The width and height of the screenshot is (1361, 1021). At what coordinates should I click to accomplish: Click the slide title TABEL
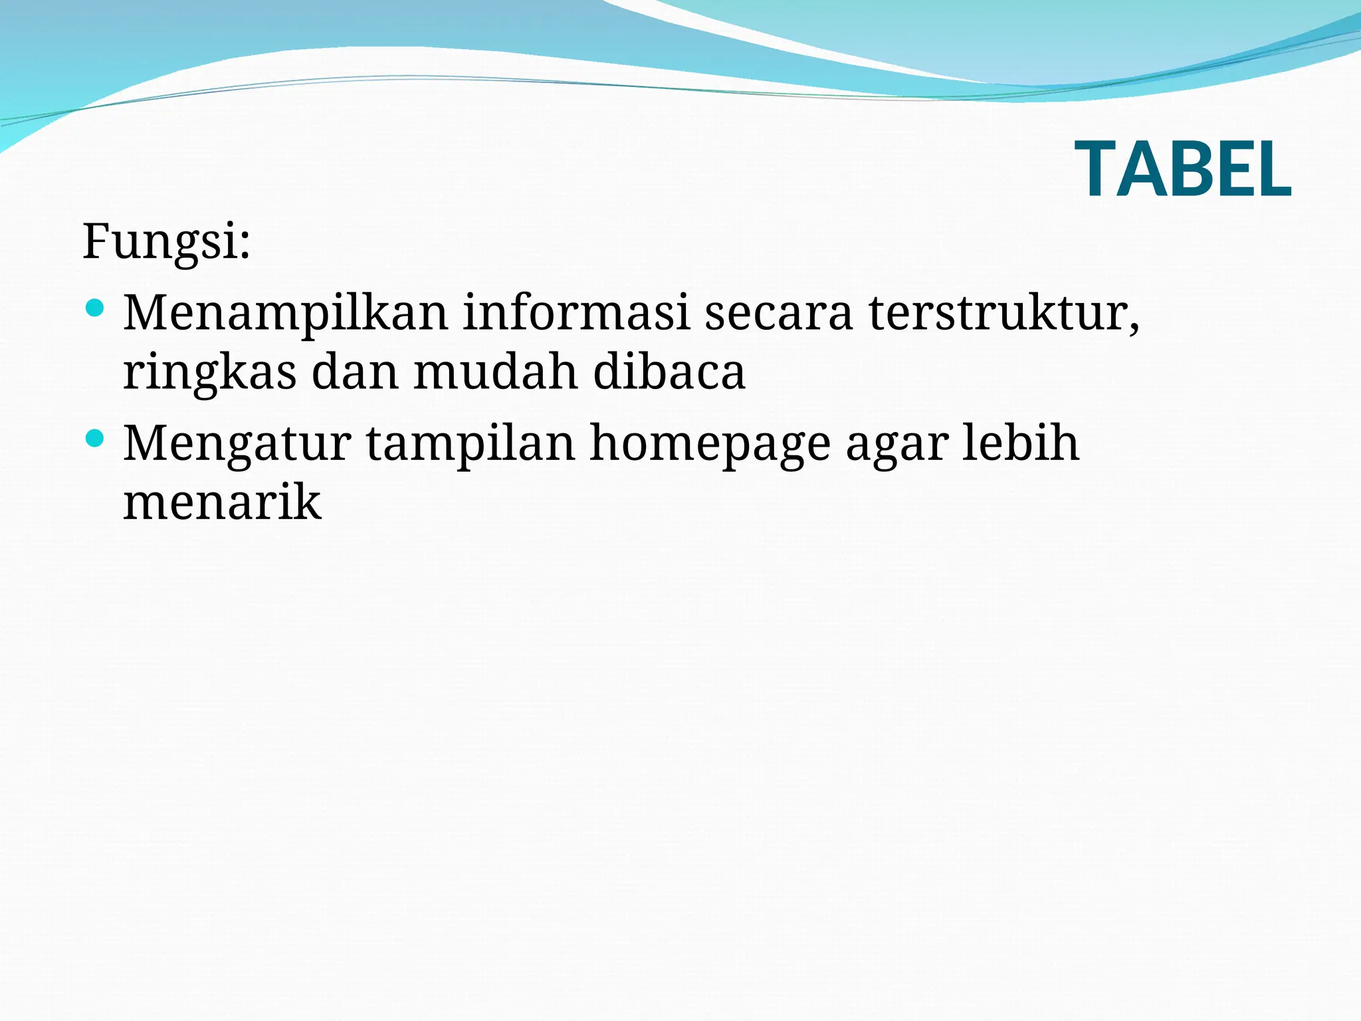1183,170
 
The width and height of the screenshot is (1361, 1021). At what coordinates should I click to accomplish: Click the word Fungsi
159,241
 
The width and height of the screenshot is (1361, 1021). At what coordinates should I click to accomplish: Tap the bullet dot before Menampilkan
96,308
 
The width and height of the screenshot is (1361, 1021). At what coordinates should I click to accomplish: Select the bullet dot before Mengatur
96,438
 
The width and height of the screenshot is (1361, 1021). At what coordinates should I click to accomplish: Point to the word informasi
576,312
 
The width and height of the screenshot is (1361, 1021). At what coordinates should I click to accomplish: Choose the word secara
778,312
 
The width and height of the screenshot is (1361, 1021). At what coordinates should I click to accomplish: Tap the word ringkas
209,372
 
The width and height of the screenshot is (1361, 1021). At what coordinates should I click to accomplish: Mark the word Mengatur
237,444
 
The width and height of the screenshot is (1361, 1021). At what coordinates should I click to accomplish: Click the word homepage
710,444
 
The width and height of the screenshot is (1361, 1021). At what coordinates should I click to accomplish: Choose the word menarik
222,502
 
